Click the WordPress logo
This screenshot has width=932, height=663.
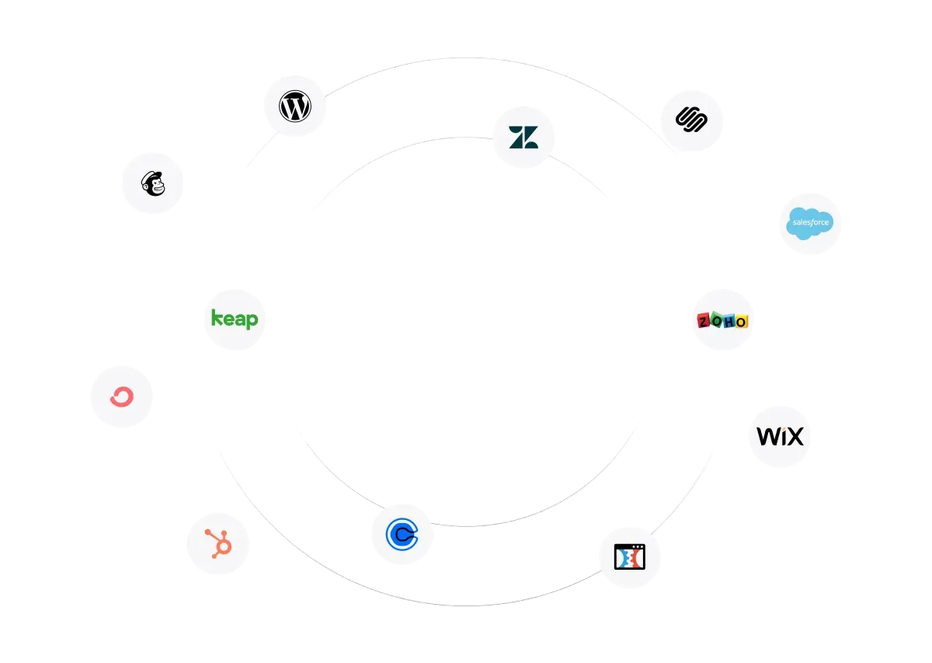pyautogui.click(x=295, y=106)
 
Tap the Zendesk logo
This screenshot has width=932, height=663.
pyautogui.click(x=523, y=137)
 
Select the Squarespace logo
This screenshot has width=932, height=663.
pyautogui.click(x=691, y=120)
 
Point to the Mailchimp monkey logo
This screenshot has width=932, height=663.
pyautogui.click(x=153, y=183)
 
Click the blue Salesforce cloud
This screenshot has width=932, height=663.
pyautogui.click(x=809, y=223)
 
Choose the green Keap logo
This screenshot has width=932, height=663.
pyautogui.click(x=235, y=319)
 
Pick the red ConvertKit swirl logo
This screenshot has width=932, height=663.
pyautogui.click(x=122, y=396)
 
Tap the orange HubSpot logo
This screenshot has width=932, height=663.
pyautogui.click(x=219, y=544)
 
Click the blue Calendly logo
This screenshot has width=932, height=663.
pyautogui.click(x=402, y=534)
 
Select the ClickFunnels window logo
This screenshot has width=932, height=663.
pyautogui.click(x=630, y=557)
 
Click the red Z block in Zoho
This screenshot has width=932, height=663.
pyautogui.click(x=704, y=321)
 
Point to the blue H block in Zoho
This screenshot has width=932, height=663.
pyautogui.click(x=729, y=322)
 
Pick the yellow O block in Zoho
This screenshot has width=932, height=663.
pyautogui.click(x=742, y=322)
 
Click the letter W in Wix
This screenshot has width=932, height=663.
pyautogui.click(x=767, y=437)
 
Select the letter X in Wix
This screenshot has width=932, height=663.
pyautogui.click(x=795, y=437)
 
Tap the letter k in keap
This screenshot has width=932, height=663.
pyautogui.click(x=217, y=317)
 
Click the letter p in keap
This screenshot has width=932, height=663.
pyautogui.click(x=252, y=321)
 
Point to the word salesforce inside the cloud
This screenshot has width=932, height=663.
pyautogui.click(x=811, y=222)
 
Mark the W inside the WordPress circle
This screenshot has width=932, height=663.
pyautogui.click(x=295, y=106)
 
